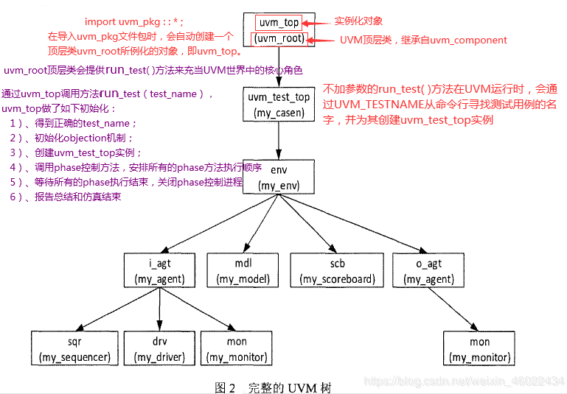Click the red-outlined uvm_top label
point(279,23)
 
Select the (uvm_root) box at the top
point(279,39)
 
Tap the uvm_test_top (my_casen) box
point(279,105)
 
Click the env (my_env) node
point(279,177)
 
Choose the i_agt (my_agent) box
point(160,271)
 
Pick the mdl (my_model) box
point(243,271)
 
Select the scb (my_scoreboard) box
point(338,271)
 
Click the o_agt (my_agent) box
point(429,271)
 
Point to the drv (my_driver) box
point(160,349)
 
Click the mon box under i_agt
point(237,349)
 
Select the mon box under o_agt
point(479,349)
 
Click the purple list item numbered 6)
point(65,197)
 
